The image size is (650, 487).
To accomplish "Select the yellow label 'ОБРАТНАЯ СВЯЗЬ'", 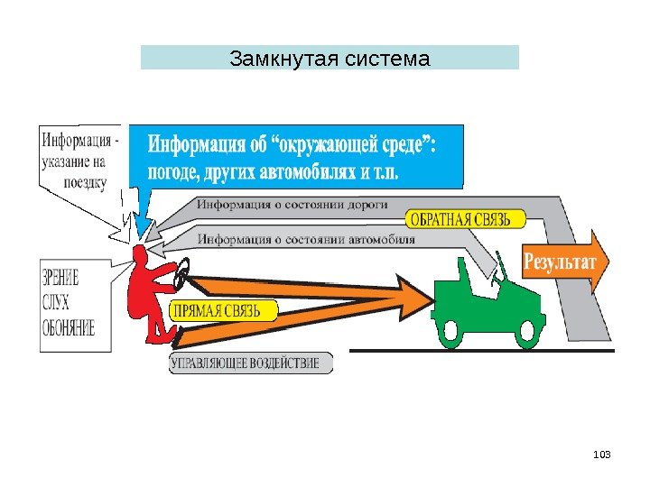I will pos(461,219).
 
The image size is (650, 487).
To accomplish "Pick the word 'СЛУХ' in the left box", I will pos(59,302).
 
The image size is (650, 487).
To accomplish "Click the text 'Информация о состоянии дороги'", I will pos(292,204).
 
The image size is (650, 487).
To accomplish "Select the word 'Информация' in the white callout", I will pos(74,142).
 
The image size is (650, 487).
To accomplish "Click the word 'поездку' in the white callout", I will pos(86,183).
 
